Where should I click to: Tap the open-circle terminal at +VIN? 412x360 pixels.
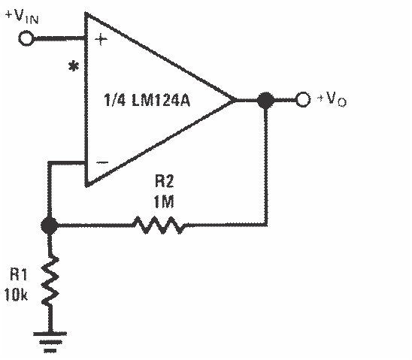27,38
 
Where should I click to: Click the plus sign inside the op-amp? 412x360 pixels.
99,39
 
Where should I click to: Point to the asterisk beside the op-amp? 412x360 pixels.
74,68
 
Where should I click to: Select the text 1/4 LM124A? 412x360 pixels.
150,100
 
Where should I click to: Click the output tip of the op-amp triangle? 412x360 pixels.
235,100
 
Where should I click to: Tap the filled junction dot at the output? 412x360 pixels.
265,100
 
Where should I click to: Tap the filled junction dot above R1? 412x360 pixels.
50,224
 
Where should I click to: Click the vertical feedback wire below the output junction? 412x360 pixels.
265,165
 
